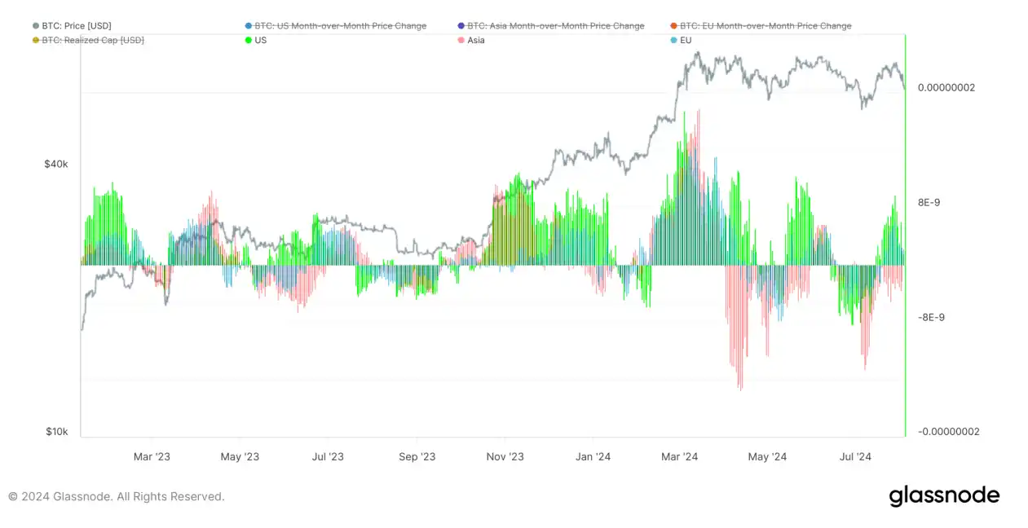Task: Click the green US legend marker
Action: tap(248, 40)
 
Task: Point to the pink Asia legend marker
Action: tap(461, 40)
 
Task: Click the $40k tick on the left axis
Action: tap(56, 164)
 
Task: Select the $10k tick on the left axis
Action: tap(57, 431)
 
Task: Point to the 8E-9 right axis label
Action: tap(929, 202)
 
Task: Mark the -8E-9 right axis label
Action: tap(930, 317)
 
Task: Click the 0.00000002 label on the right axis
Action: tap(946, 87)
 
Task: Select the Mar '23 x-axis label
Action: tap(152, 456)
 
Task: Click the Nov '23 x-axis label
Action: tap(505, 456)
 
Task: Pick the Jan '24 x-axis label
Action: tap(593, 456)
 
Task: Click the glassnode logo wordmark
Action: tap(944, 495)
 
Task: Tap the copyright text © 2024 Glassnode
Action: tap(117, 496)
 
